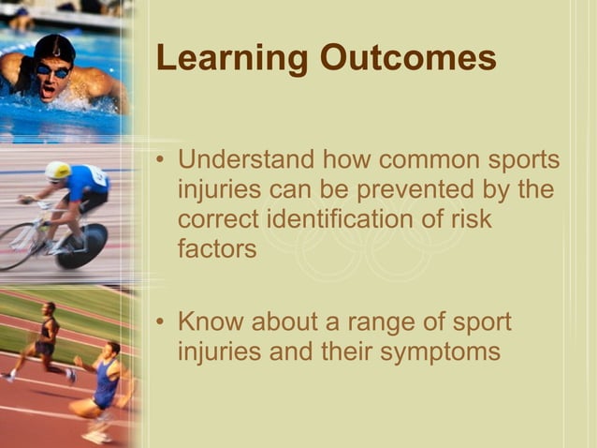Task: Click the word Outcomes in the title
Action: coord(408,58)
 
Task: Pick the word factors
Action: coord(216,250)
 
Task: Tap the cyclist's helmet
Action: coord(58,171)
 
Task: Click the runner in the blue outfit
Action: coord(103,384)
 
